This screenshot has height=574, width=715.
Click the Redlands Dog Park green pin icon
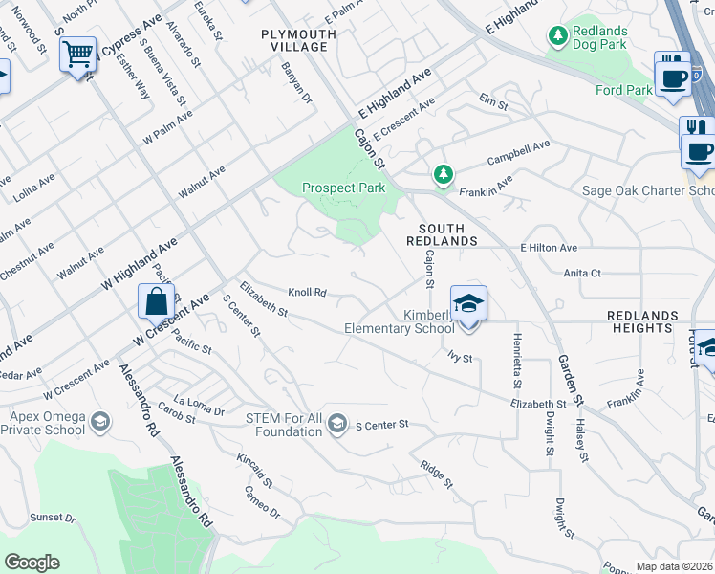558,35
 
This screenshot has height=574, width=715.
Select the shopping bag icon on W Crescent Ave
155,301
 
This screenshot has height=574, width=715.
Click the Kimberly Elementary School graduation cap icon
468,304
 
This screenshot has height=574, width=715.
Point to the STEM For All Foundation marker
336,423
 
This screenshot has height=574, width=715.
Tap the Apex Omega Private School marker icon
99,421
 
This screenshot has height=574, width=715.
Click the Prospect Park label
343,188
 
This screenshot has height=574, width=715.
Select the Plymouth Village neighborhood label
298,41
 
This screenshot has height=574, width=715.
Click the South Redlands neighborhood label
441,234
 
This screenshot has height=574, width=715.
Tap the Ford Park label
622,91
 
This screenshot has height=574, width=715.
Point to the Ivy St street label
461,358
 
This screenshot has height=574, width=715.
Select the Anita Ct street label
582,273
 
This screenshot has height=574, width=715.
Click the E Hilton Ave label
551,247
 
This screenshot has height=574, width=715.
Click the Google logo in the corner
32,563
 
